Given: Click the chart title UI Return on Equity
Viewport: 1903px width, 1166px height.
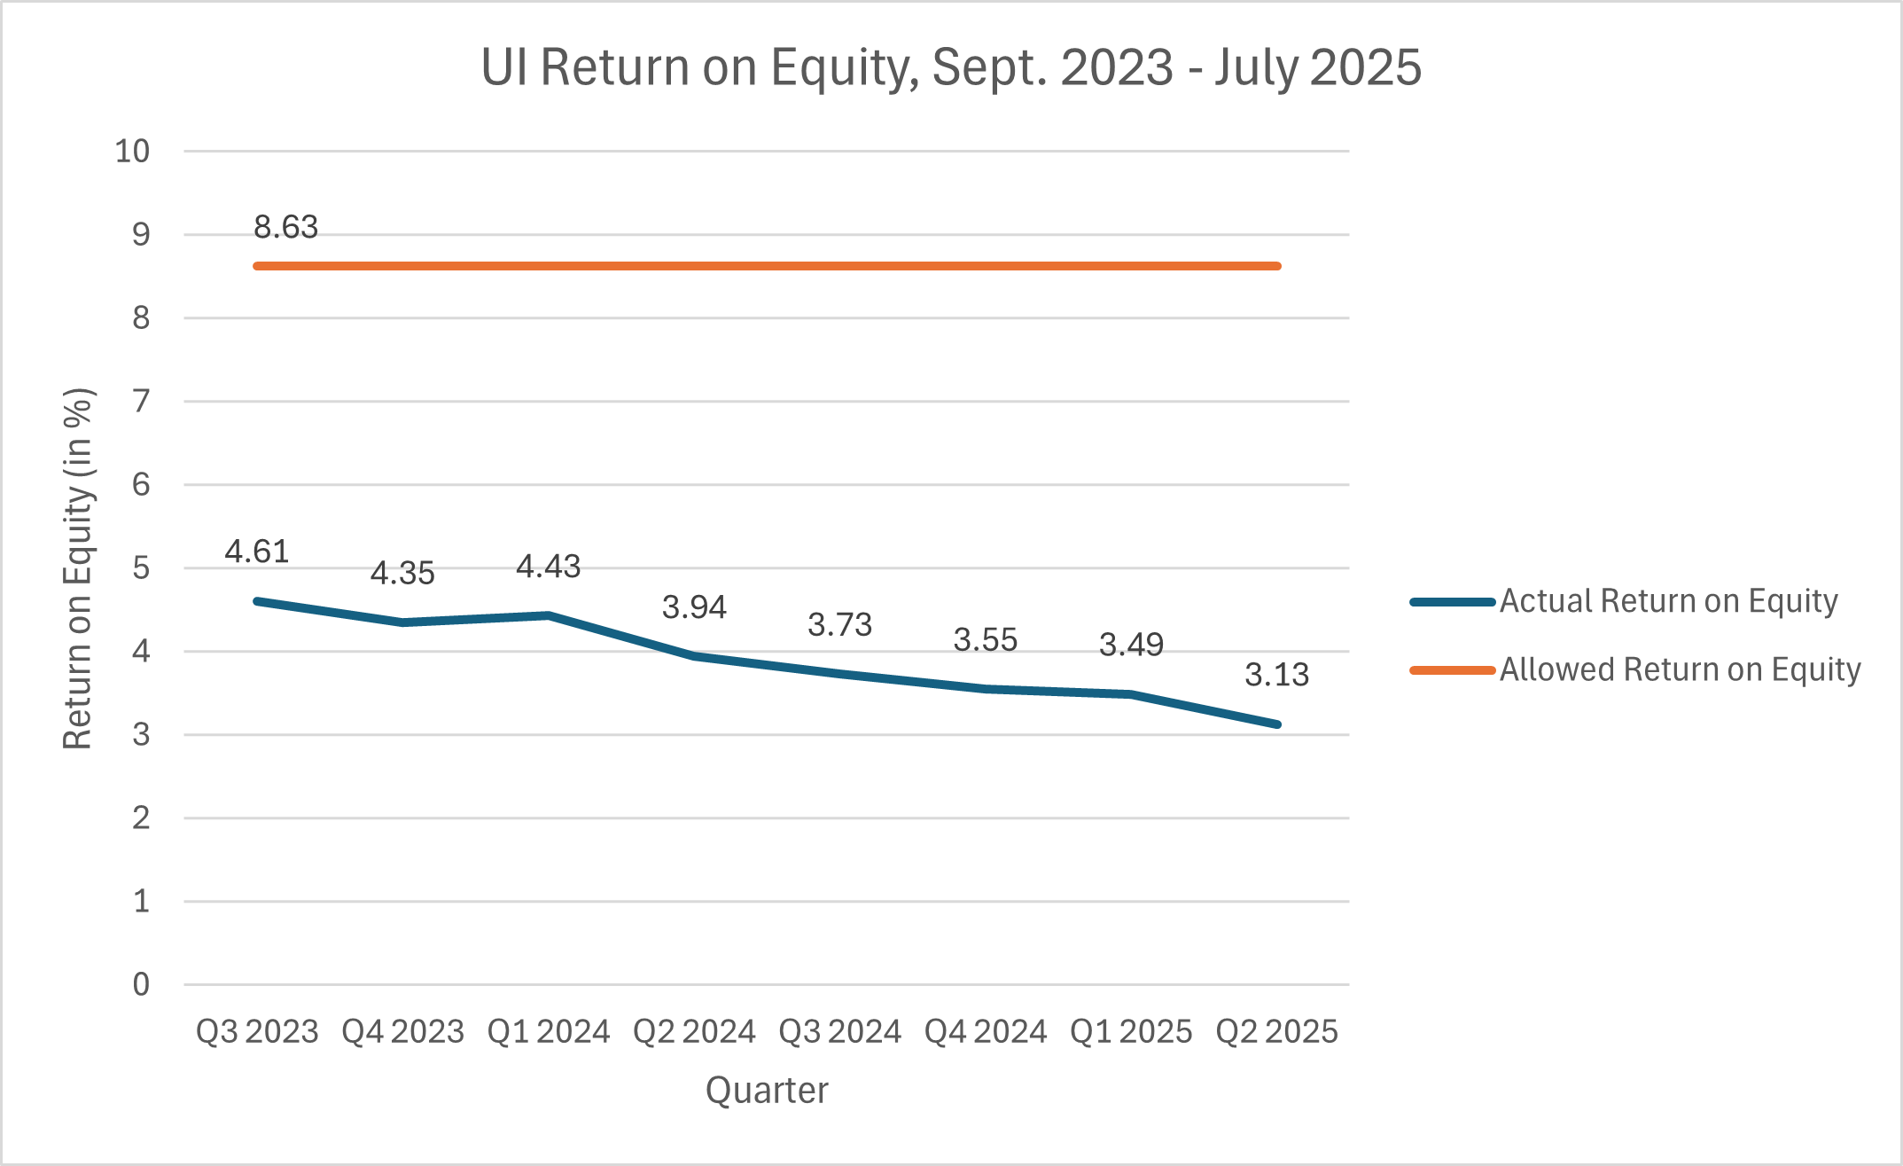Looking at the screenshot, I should (950, 67).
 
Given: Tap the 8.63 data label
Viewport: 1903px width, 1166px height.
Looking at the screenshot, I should (285, 228).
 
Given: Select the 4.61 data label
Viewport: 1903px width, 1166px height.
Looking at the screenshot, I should (257, 552).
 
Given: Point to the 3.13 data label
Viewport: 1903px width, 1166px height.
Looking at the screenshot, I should (1276, 675).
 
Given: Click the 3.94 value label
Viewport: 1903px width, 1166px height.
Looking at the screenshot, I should (694, 607).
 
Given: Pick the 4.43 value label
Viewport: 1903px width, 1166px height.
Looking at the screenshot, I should (548, 567).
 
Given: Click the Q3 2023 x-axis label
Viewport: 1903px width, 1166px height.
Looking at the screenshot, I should (257, 1031).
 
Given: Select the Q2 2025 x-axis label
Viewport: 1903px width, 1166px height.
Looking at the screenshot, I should (1276, 1031).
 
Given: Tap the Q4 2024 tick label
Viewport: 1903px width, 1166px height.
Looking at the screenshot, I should (985, 1031).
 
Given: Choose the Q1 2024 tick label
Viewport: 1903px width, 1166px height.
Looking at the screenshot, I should (549, 1031).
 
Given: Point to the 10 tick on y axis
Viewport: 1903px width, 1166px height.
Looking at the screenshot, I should (132, 152).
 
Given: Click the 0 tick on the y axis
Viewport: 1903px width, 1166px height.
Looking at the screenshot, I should (141, 984).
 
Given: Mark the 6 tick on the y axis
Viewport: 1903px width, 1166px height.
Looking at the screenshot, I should (141, 484).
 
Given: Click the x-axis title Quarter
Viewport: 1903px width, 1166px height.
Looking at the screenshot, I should (767, 1090).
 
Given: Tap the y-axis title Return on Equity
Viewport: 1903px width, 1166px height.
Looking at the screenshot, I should (78, 568).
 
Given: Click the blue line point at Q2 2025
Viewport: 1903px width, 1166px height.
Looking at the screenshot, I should (1276, 724).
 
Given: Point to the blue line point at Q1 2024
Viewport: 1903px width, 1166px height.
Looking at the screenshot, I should (549, 615).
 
